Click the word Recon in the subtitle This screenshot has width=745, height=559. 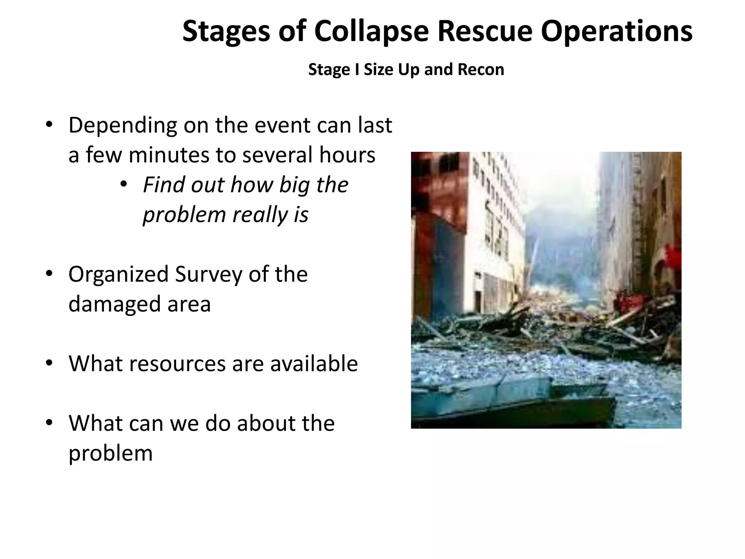pyautogui.click(x=481, y=70)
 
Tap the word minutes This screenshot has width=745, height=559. pyautogui.click(x=168, y=155)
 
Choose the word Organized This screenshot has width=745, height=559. pyautogui.click(x=118, y=274)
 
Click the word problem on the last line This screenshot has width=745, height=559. pyautogui.click(x=111, y=453)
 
